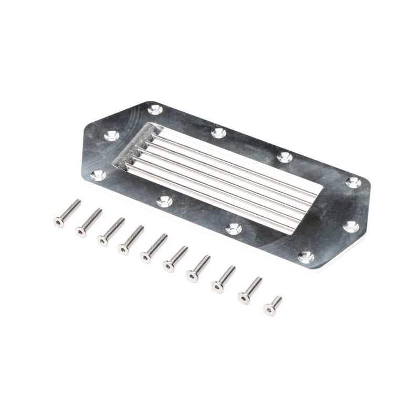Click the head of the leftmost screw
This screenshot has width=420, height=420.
[58, 222]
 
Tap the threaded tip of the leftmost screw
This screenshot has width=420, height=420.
[77, 202]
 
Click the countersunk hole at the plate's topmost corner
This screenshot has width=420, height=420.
[155, 109]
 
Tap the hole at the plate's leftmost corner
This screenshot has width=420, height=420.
[98, 175]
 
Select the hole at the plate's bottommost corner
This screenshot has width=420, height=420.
[306, 257]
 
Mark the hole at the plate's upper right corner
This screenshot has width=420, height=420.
[353, 182]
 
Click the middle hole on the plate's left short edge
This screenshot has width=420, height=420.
[111, 136]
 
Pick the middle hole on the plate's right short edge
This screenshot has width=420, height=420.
[351, 226]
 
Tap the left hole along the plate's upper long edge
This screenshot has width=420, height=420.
[219, 133]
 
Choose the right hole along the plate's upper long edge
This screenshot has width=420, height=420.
[284, 156]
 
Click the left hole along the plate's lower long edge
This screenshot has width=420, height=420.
[164, 201]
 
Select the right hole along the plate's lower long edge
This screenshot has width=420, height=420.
[234, 228]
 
